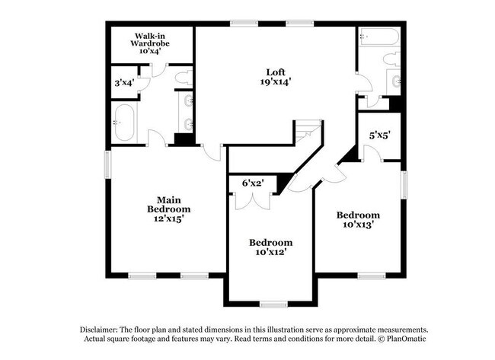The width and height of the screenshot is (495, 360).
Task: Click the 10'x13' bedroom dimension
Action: [x=358, y=225]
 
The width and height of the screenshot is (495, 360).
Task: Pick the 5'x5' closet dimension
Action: [x=380, y=135]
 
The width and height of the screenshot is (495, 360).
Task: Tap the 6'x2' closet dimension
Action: [x=252, y=183]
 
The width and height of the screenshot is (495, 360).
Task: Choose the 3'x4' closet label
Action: [x=123, y=81]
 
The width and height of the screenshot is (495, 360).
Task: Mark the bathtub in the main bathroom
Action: [x=124, y=123]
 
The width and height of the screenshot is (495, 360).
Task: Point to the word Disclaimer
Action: [x=101, y=328]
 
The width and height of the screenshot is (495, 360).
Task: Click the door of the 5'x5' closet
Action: [x=371, y=154]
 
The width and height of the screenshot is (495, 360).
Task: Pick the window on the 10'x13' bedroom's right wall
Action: [x=404, y=183]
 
